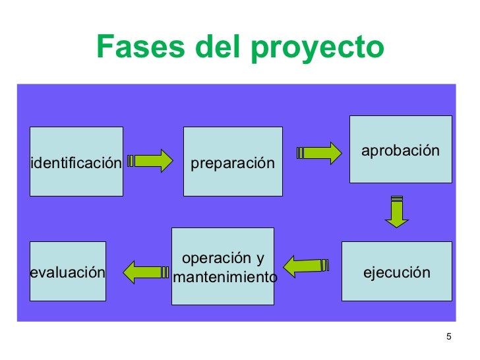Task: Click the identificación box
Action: (76, 162)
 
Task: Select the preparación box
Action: (233, 162)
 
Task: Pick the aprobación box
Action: (400, 149)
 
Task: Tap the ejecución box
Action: (397, 271)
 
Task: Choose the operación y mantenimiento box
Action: (223, 266)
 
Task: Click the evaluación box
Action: (68, 271)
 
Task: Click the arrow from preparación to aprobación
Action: (320, 153)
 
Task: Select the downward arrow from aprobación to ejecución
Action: (396, 212)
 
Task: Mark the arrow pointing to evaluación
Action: (146, 271)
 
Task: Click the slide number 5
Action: (448, 338)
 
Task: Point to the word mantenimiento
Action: (225, 278)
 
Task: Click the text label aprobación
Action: (400, 151)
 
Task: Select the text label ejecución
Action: (397, 272)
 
